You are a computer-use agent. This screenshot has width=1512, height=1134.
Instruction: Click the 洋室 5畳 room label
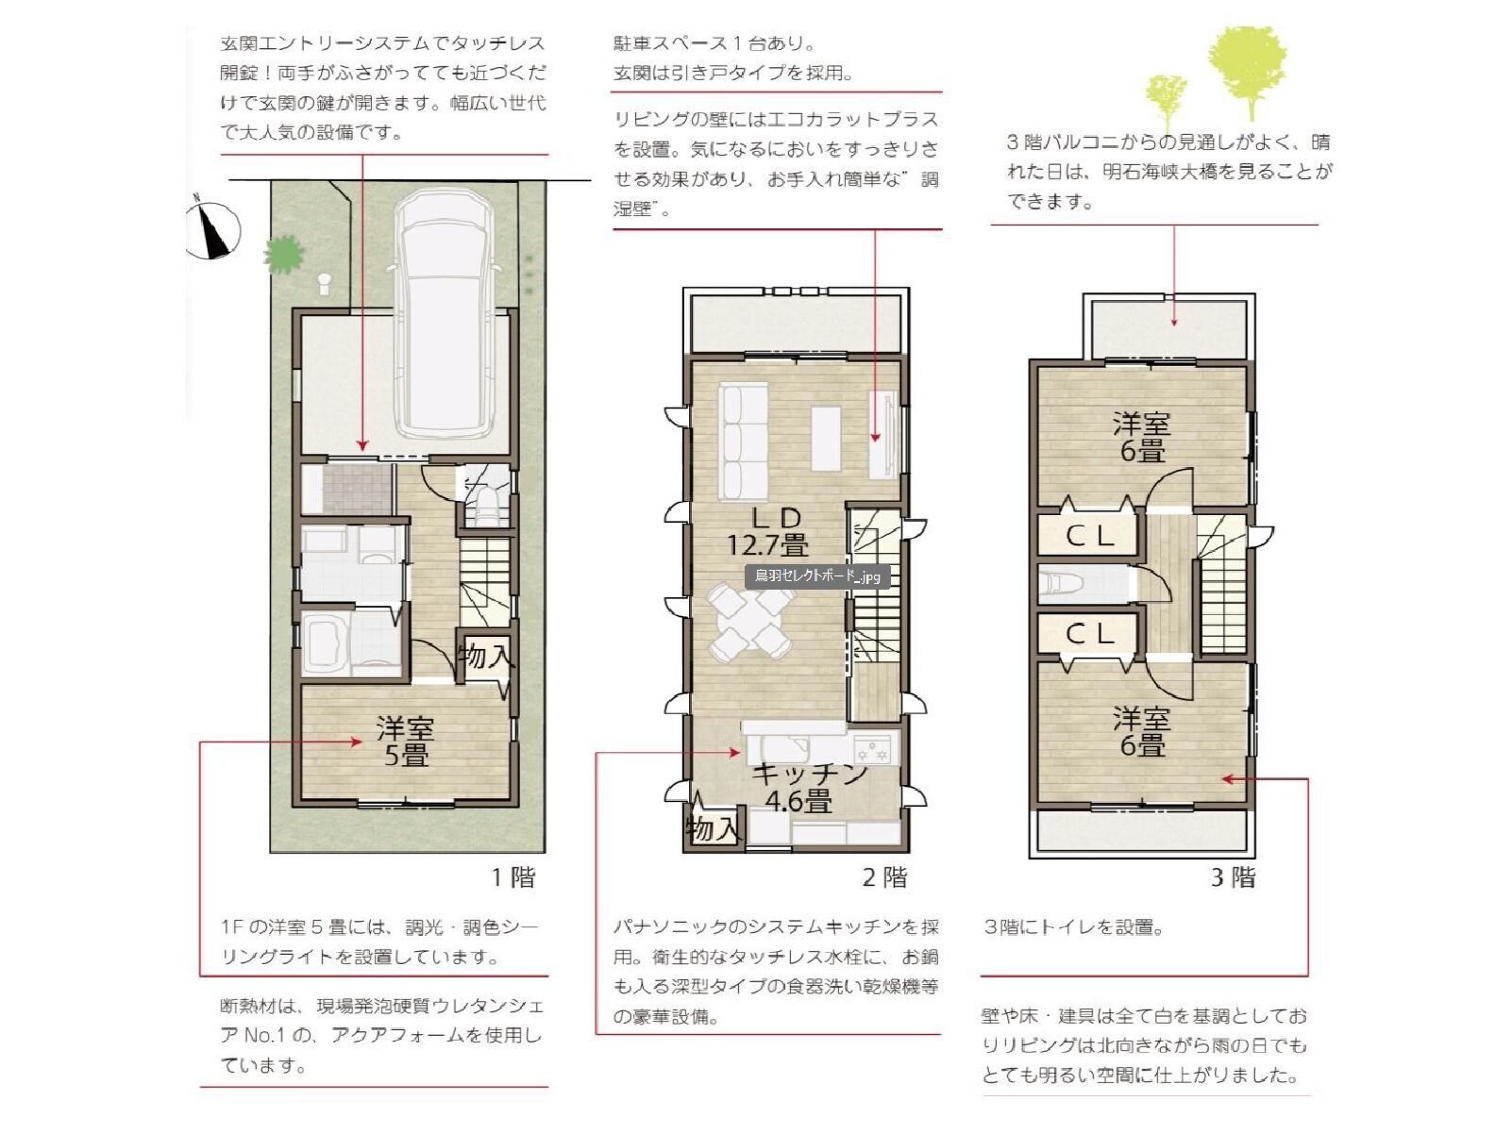[406, 742]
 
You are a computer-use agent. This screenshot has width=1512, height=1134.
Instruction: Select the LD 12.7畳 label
[767, 531]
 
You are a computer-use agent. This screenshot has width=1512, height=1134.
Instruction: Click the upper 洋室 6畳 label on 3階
[1141, 437]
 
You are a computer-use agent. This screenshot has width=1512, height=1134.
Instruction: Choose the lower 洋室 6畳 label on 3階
[1141, 732]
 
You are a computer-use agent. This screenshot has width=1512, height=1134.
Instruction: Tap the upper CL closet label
[1090, 536]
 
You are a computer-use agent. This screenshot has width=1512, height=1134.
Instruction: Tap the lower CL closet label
[1090, 634]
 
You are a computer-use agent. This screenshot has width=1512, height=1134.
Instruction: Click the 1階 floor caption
[512, 877]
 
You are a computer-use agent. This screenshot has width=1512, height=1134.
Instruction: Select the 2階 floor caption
[884, 877]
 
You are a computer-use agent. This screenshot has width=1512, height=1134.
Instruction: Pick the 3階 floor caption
[1234, 877]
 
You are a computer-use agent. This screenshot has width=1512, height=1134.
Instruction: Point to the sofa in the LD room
[744, 441]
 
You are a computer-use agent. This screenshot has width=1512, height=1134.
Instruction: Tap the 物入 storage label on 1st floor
[487, 655]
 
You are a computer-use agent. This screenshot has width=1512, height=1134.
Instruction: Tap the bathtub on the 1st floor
[326, 643]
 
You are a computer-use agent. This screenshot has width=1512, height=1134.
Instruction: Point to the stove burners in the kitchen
[875, 751]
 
